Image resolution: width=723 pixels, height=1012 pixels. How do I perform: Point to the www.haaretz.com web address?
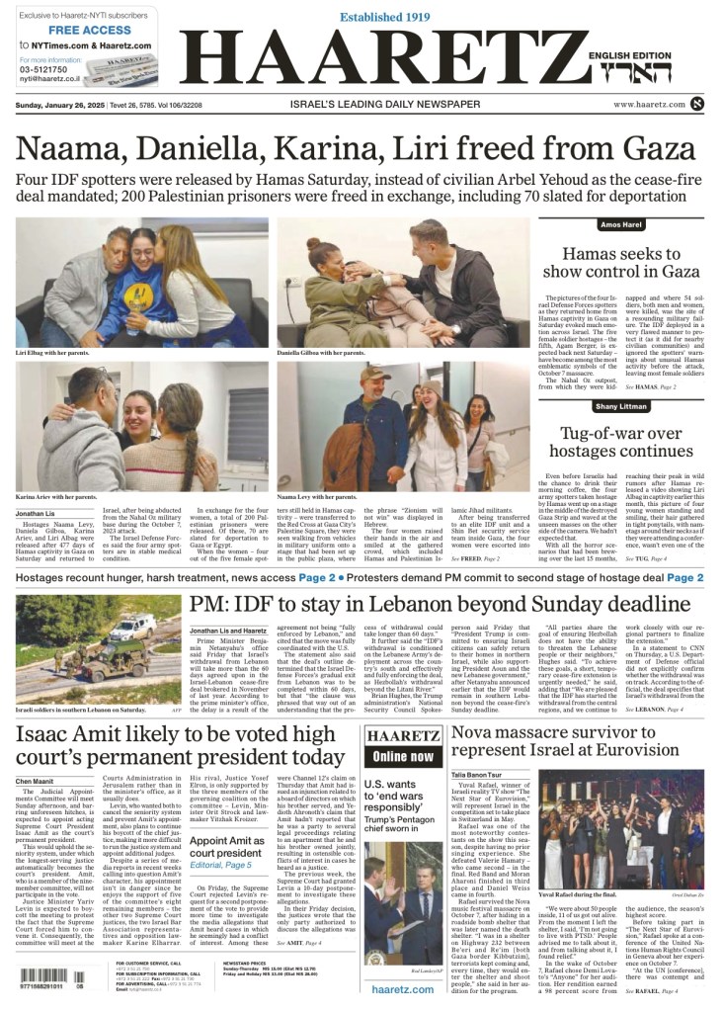pyautogui.click(x=649, y=104)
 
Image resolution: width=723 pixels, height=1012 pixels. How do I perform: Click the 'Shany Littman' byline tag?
pyautogui.click(x=620, y=406)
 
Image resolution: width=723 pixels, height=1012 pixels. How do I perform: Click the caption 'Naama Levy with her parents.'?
pyautogui.click(x=316, y=496)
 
